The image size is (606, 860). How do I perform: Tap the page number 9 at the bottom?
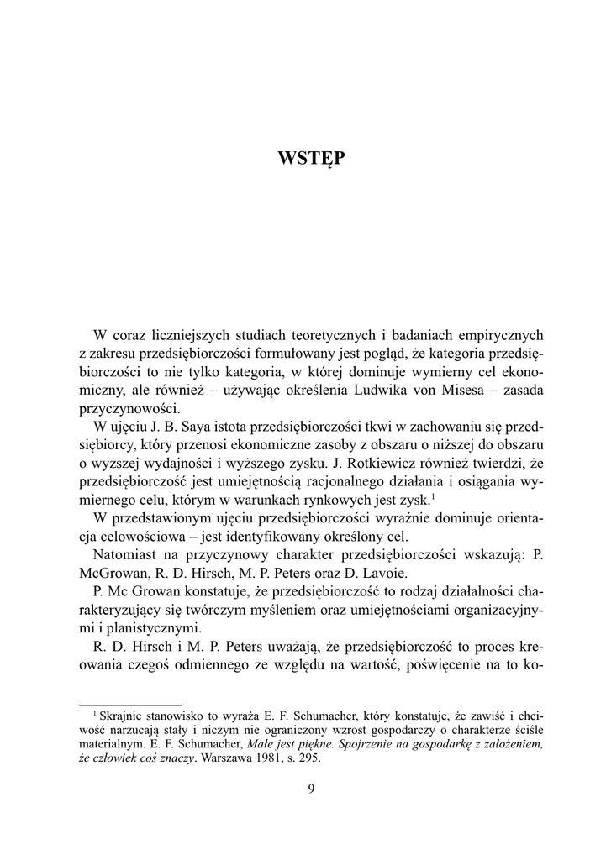pos(311,787)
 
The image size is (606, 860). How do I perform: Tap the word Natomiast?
pos(128,556)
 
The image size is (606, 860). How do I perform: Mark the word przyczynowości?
pos(129,409)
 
